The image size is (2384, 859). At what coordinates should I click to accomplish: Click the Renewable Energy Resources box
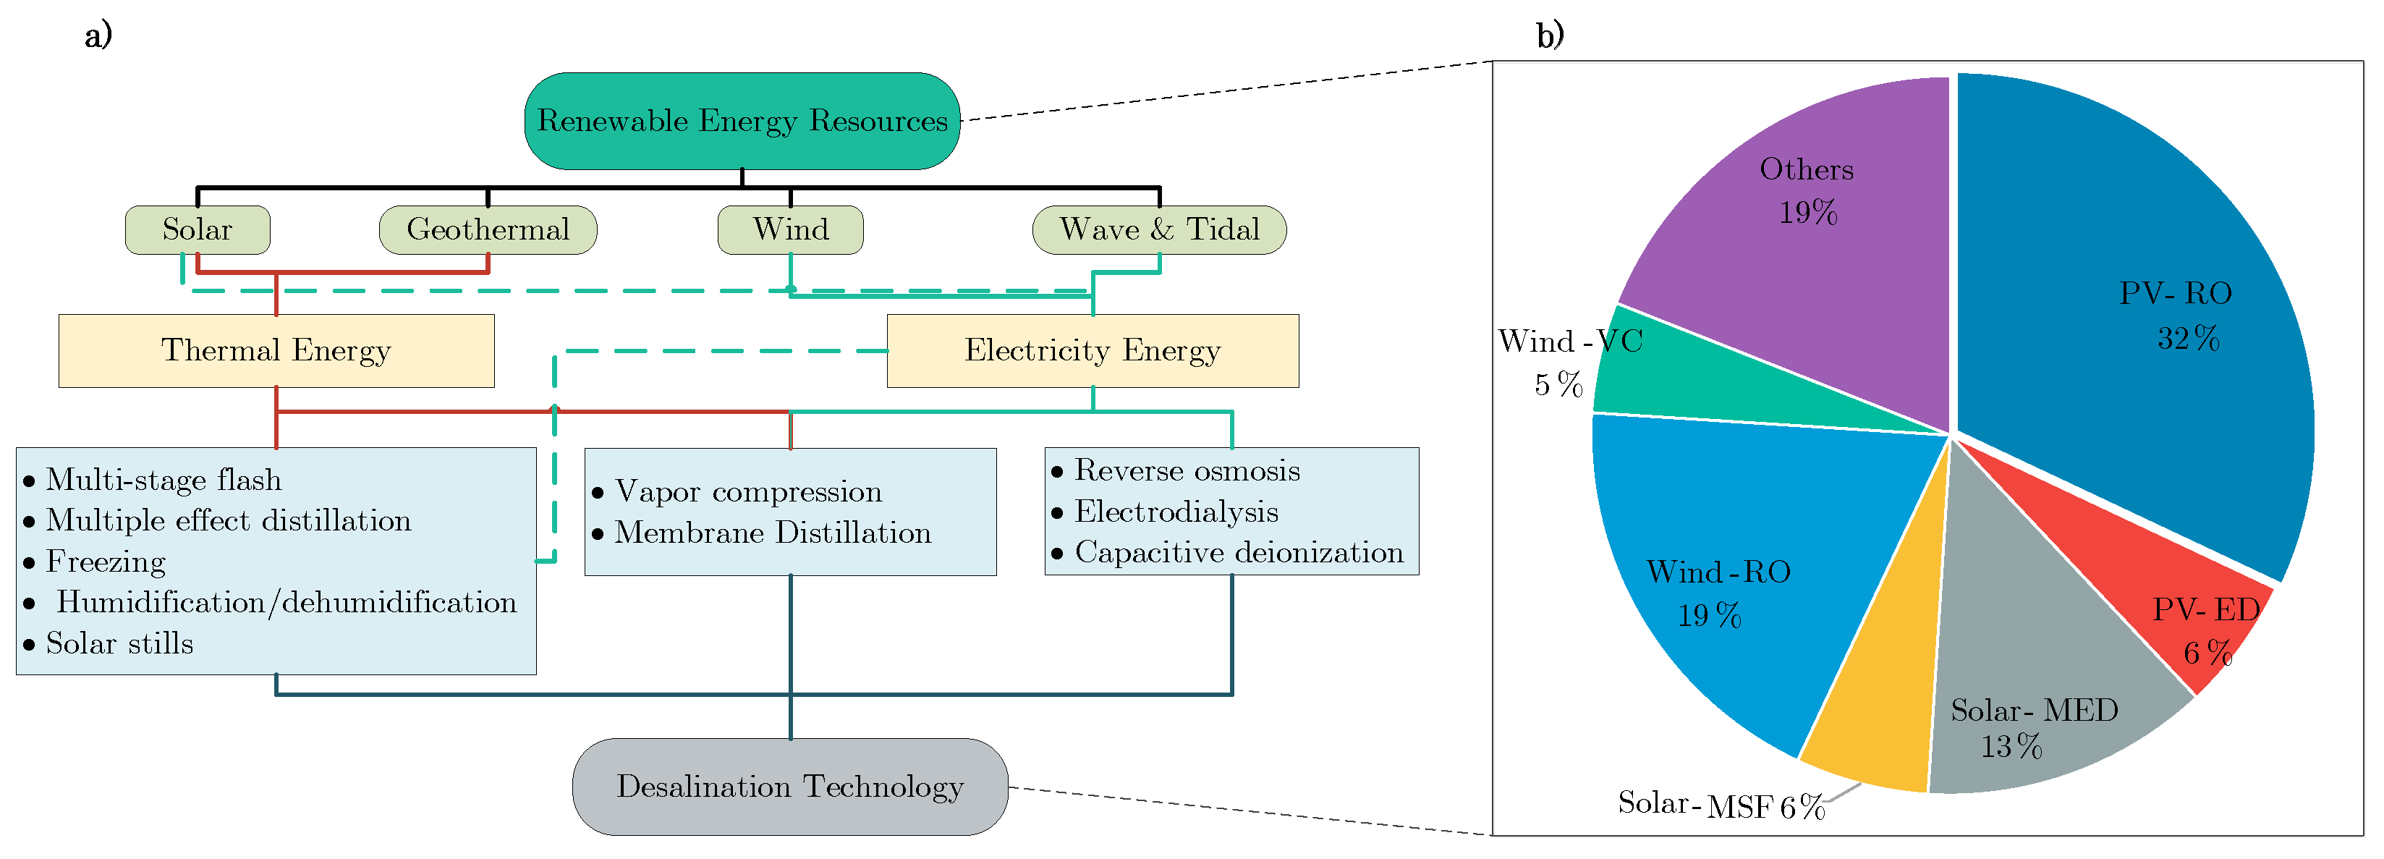pos(742,122)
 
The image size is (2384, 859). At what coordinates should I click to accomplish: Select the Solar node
pos(197,229)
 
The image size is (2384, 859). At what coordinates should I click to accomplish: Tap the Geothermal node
pos(488,229)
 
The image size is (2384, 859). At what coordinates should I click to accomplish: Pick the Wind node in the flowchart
pos(790,229)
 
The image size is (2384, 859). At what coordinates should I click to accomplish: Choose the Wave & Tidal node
pos(1158,229)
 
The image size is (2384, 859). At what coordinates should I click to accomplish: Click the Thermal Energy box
pos(276,351)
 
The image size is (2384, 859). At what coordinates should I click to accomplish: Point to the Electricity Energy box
pos(1092,351)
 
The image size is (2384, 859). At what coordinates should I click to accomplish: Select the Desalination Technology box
pos(789,787)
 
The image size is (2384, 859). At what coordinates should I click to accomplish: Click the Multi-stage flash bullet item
pos(163,481)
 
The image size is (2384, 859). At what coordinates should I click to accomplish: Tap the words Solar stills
pos(119,644)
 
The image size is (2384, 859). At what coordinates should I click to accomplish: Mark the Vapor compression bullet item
pos(748,491)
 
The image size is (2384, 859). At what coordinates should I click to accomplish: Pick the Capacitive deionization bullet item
pos(1238,553)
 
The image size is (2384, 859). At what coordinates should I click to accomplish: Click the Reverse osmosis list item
pos(1187,471)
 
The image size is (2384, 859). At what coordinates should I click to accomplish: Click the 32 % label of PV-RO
pos(2188,339)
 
